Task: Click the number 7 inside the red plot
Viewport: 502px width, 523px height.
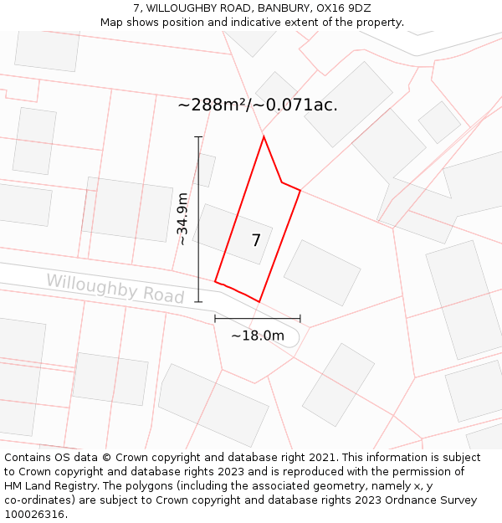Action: pos(256,241)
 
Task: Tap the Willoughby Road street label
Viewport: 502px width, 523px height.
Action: pos(115,288)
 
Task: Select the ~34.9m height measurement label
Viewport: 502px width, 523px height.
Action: pos(182,219)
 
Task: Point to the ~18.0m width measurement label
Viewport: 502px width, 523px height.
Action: pos(258,336)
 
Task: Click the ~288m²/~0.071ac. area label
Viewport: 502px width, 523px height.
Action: pos(258,105)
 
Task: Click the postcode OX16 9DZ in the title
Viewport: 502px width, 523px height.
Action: pos(343,8)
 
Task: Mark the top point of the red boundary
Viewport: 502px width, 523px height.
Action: pos(264,136)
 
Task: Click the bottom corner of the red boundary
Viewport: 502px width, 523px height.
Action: pos(259,301)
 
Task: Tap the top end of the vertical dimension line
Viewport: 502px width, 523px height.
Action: pos(198,136)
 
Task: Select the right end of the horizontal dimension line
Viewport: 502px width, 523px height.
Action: pos(300,319)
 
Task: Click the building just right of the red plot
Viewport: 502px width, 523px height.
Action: pos(322,273)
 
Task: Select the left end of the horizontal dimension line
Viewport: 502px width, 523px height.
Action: pos(215,319)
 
